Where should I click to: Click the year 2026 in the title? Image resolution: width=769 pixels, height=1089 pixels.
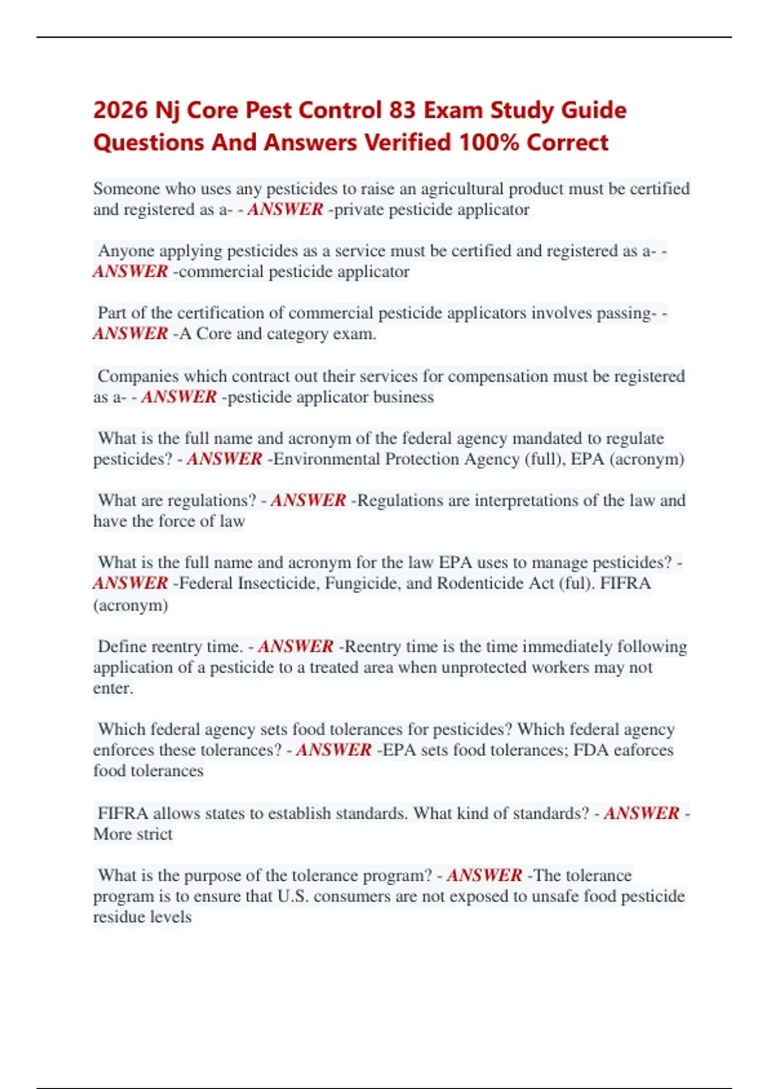click(120, 110)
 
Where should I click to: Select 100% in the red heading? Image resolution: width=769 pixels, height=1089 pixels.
click(489, 142)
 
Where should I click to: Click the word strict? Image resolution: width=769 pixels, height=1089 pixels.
click(154, 834)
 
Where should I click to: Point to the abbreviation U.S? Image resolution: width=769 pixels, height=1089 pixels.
click(293, 896)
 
